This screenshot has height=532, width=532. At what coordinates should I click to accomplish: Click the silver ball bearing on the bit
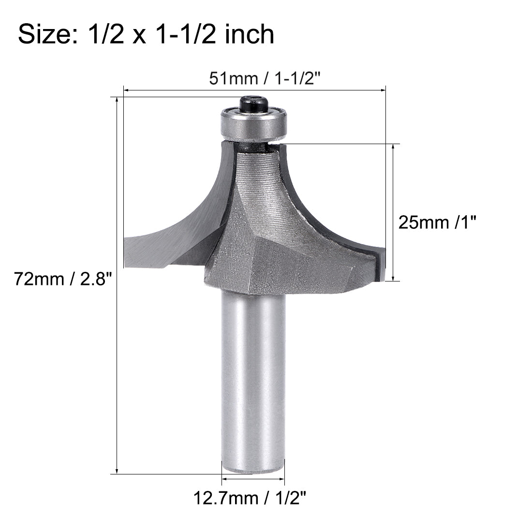(254, 123)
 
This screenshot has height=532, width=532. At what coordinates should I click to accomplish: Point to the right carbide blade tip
(380, 264)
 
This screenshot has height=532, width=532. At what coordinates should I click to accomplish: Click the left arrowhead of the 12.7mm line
(224, 480)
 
